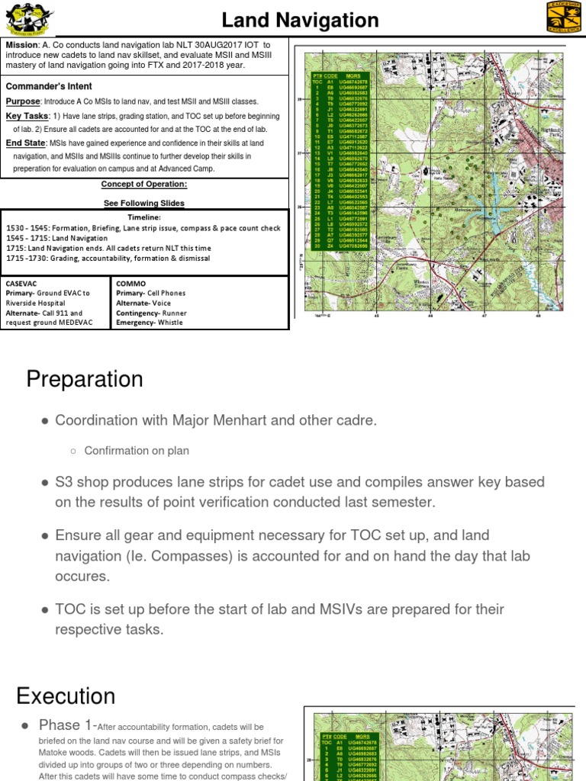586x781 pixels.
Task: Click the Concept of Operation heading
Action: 144,185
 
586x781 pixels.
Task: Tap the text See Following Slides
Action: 144,203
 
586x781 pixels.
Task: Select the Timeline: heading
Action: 143,217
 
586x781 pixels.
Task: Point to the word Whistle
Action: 175,323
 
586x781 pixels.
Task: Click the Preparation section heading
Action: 85,379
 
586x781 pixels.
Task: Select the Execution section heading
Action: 66,696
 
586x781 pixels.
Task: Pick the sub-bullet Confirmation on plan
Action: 136,451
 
